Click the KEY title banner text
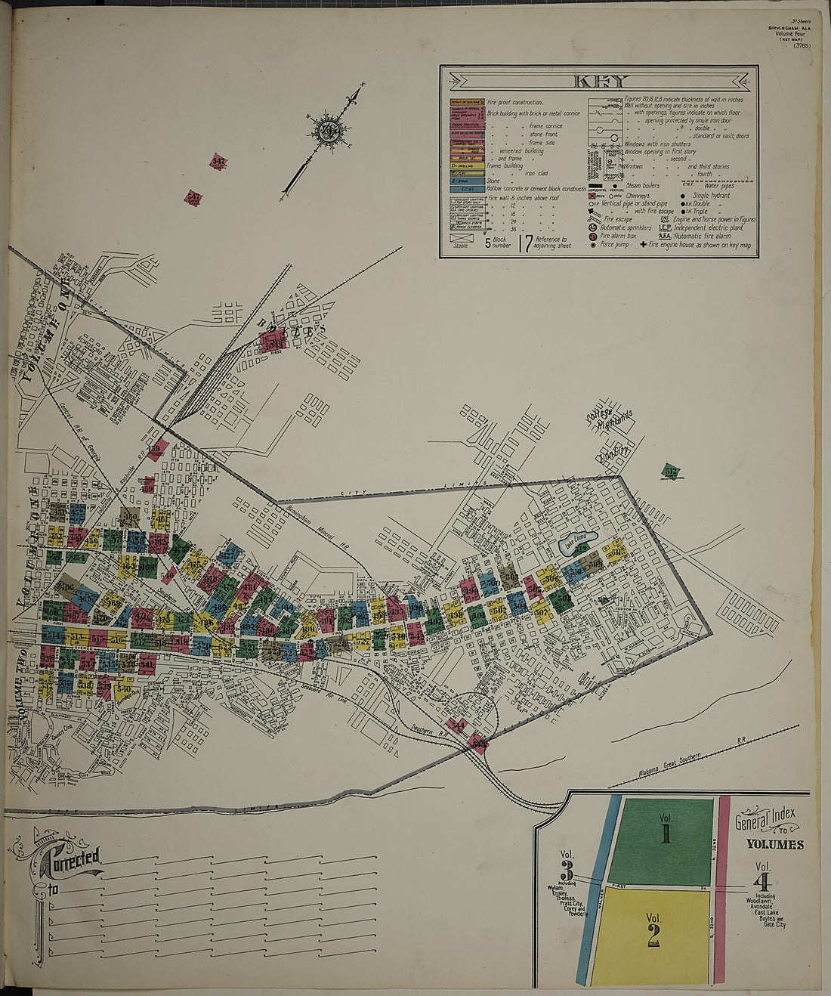(x=599, y=82)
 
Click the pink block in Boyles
(x=272, y=341)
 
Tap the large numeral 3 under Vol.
(x=567, y=868)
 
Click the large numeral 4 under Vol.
(x=764, y=881)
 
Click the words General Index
(x=765, y=818)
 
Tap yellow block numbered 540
(x=123, y=690)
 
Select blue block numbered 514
(x=52, y=634)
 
